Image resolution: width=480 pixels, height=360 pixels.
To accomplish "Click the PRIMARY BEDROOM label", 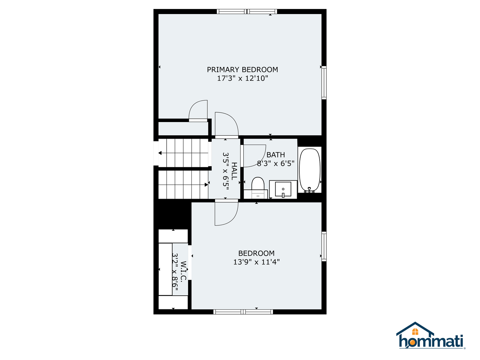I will [x=242, y=70].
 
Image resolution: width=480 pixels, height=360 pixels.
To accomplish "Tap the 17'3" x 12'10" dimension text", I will [x=242, y=79].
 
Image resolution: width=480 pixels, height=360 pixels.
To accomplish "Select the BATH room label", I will [x=276, y=155].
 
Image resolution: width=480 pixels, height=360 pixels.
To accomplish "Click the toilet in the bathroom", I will [x=258, y=185].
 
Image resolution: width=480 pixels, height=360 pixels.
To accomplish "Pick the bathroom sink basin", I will [x=283, y=189].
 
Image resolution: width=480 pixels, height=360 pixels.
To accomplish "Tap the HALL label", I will [x=234, y=171].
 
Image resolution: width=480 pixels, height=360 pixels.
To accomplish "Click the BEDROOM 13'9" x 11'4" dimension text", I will [x=256, y=262].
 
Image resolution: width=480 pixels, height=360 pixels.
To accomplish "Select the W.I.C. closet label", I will [x=184, y=271].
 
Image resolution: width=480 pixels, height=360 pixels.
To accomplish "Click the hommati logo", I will [x=431, y=336].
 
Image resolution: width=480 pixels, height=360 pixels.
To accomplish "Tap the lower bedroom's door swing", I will [x=226, y=213].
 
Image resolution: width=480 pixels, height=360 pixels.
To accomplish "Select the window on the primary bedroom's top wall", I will [x=247, y=12].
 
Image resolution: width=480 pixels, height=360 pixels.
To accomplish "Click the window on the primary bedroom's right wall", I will [x=324, y=83].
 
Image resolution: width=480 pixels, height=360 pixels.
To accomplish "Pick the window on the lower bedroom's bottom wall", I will [x=243, y=312].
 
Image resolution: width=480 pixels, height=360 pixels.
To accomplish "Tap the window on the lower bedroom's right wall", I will [x=324, y=246].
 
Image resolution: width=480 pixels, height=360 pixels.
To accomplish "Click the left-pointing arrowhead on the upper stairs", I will [x=160, y=153].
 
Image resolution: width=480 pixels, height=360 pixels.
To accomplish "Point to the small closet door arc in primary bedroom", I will [x=198, y=110].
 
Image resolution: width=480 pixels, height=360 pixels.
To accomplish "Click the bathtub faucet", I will [x=309, y=190].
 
